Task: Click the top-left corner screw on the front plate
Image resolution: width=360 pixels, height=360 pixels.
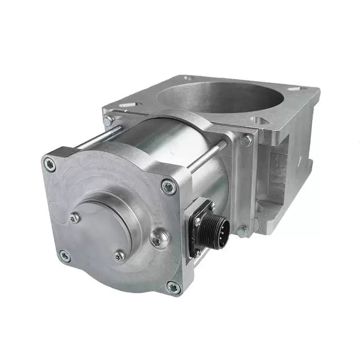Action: (50, 165)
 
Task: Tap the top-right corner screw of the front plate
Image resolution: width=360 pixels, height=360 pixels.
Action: (168, 187)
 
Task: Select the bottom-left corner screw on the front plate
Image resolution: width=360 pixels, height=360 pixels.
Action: (65, 256)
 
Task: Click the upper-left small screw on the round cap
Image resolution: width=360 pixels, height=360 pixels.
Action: (75, 218)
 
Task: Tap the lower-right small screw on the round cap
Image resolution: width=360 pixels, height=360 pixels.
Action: (119, 255)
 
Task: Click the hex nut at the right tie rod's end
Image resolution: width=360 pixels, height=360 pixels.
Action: (245, 139)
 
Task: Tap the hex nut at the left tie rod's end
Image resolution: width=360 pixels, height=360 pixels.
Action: (108, 121)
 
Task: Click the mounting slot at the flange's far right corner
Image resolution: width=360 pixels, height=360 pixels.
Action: (295, 89)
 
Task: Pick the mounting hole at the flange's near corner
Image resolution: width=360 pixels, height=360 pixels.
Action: (257, 120)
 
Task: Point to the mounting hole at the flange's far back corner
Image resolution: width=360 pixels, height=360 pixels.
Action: (188, 78)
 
